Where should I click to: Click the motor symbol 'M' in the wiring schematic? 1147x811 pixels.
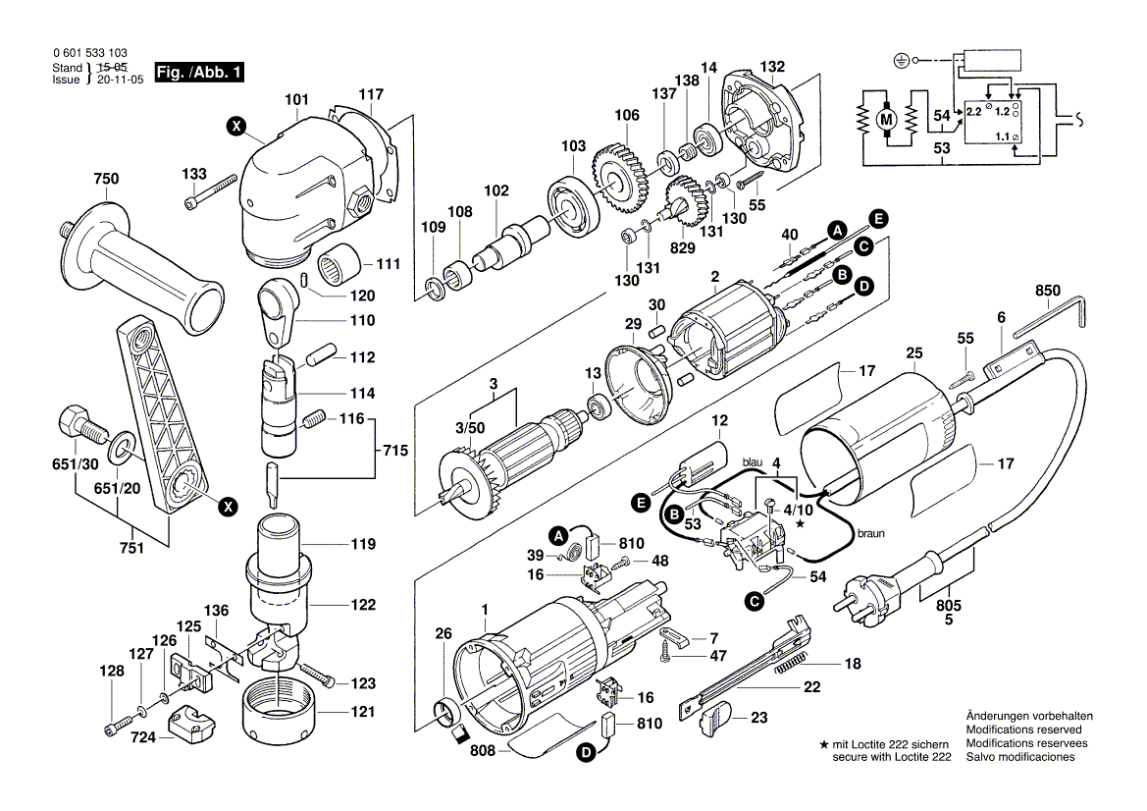(x=887, y=119)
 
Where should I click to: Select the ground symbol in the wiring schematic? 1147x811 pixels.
(x=901, y=61)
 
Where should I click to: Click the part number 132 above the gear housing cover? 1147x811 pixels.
(x=772, y=67)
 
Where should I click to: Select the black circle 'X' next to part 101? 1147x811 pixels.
(x=235, y=125)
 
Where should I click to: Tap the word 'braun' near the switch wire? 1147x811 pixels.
(x=870, y=533)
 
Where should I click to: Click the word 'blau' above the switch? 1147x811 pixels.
(x=753, y=461)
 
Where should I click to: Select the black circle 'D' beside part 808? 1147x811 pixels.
(x=586, y=754)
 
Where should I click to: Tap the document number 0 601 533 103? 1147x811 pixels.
(x=88, y=55)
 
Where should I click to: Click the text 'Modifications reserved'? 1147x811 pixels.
(x=1023, y=730)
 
